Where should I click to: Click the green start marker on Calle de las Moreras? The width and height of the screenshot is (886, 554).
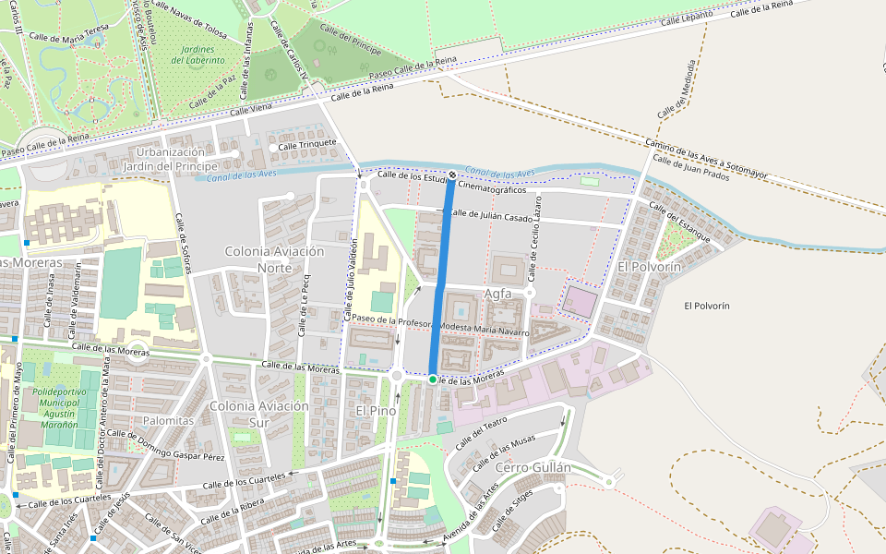[432, 379]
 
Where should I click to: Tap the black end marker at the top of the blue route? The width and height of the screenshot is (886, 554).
[452, 175]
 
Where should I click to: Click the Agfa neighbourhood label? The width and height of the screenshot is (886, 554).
[497, 294]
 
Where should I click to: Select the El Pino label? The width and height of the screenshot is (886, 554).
[376, 409]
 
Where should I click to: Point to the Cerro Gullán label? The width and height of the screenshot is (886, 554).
[533, 467]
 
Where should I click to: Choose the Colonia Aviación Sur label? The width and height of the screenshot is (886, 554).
[258, 415]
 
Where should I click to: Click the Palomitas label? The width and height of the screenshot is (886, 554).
[169, 420]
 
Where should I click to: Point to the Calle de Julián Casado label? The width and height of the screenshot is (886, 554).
[491, 216]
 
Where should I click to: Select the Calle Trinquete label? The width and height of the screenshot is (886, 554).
[307, 145]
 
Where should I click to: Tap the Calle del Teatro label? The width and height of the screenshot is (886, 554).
[479, 432]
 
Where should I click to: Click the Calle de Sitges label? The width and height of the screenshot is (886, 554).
[512, 513]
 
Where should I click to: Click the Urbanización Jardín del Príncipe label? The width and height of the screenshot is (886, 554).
[170, 159]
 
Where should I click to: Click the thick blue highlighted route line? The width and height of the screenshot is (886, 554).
[442, 277]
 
